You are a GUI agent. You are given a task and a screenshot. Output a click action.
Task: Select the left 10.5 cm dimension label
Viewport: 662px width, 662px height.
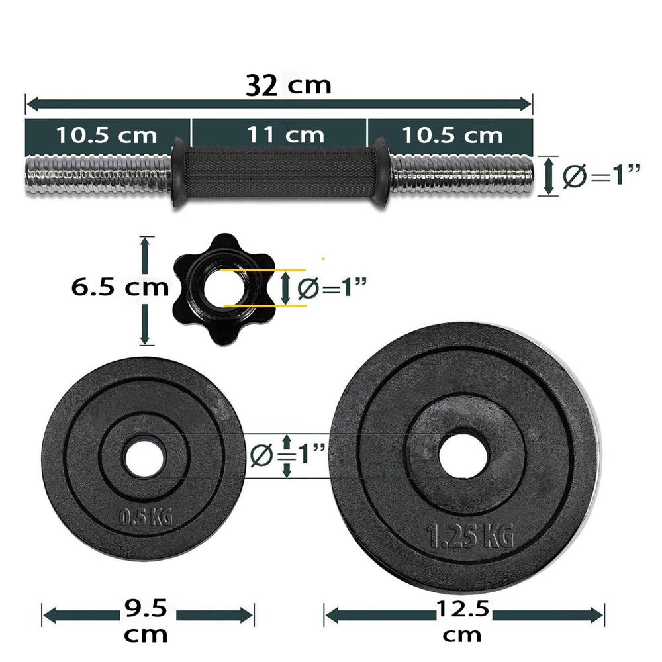pyautogui.click(x=107, y=135)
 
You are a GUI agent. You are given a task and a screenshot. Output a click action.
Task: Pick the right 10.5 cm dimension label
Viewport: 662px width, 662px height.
pyautogui.click(x=453, y=135)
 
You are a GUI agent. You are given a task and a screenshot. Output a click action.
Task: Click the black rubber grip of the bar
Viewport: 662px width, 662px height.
pyautogui.click(x=279, y=173)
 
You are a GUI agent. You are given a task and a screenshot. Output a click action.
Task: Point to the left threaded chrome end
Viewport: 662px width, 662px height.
pyautogui.click(x=98, y=174)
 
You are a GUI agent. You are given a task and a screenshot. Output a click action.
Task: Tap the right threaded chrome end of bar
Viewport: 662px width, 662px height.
pyautogui.click(x=463, y=175)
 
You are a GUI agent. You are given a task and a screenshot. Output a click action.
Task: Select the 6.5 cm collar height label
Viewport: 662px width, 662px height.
pyautogui.click(x=119, y=288)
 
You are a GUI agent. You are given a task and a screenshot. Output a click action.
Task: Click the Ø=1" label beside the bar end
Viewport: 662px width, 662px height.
pyautogui.click(x=602, y=176)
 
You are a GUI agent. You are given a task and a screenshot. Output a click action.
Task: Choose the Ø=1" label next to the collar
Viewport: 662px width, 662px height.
pyautogui.click(x=332, y=288)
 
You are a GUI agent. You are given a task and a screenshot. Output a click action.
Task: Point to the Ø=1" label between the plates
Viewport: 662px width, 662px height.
pyautogui.click(x=289, y=455)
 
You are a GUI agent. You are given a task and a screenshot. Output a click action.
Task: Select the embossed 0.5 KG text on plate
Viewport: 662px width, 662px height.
pyautogui.click(x=144, y=515)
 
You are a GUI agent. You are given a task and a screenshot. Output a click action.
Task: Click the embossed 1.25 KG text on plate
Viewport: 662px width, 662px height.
pyautogui.click(x=470, y=536)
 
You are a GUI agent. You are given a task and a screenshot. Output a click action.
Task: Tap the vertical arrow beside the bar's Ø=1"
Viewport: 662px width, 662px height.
pyautogui.click(x=547, y=175)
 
